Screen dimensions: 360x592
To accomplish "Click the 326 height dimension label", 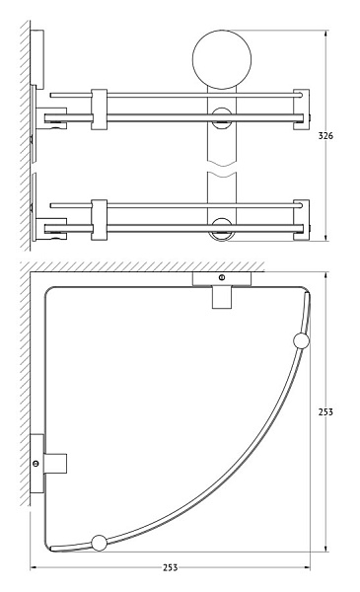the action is [325, 135].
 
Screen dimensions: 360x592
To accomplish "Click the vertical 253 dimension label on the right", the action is [325, 411].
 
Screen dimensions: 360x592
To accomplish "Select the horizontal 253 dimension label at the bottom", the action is [171, 567].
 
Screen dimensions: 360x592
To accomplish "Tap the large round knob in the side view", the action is [222, 59].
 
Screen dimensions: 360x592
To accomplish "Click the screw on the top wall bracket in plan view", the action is [222, 278].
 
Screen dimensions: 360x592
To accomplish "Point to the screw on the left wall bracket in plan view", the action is [36, 464].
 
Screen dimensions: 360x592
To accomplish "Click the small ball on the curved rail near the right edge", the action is [301, 341].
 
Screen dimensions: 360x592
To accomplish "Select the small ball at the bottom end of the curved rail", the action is [100, 543].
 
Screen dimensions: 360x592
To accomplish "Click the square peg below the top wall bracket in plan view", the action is [222, 297].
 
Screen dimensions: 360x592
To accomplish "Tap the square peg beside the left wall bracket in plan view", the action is [55, 464].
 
